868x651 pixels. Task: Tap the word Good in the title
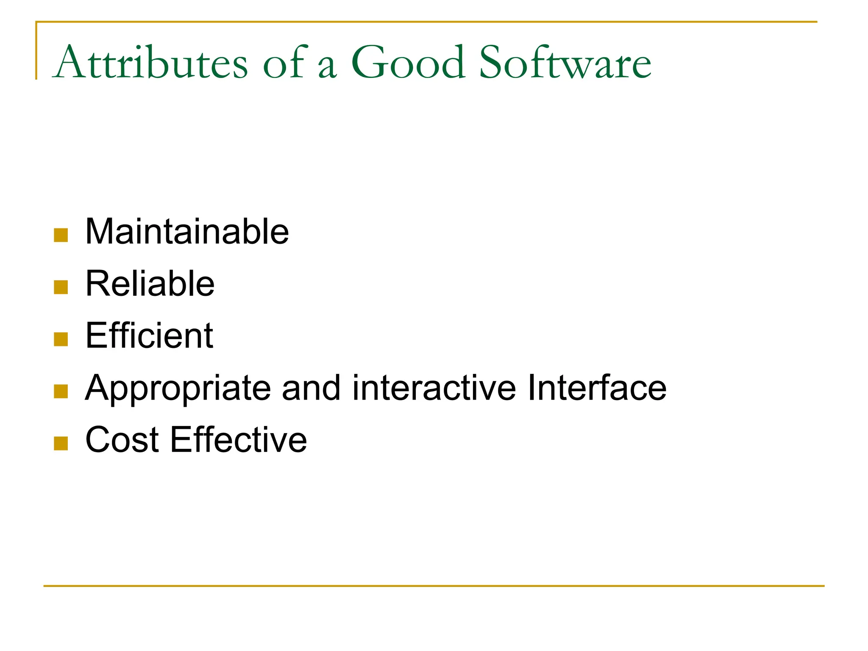coord(408,63)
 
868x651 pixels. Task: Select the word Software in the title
coord(565,63)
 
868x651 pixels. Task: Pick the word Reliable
coord(150,284)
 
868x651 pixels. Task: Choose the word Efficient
coord(149,335)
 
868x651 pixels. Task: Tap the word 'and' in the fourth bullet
coord(311,388)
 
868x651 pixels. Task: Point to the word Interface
coord(597,388)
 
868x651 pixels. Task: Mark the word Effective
coord(239,440)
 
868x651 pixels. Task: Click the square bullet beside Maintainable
coord(61,235)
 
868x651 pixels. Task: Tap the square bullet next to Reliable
coord(61,287)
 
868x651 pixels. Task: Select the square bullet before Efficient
coord(61,339)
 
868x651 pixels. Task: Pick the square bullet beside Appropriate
coord(61,392)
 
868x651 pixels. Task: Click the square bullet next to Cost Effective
coord(61,443)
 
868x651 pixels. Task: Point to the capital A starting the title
coord(70,62)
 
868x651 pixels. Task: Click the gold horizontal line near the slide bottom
coord(434,586)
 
